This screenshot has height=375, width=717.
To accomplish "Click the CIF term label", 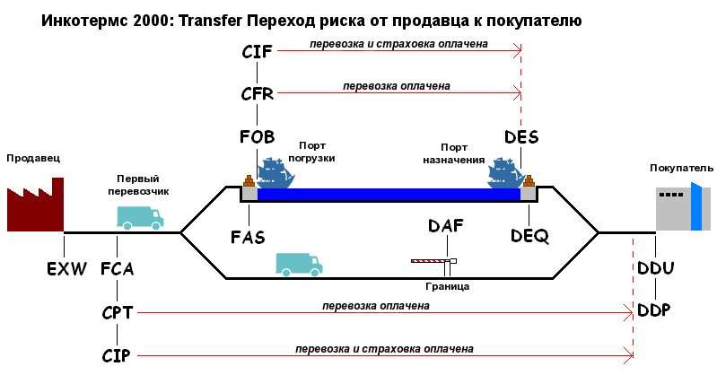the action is (257, 52).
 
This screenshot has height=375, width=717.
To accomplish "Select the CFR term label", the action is (257, 93).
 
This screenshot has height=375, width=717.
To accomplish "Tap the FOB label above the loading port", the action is (257, 136).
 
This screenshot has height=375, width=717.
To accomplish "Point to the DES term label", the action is (521, 136).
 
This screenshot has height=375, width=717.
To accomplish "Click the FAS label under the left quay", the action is (248, 238).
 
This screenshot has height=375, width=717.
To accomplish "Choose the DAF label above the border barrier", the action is (446, 225).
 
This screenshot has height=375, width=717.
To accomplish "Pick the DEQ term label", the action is (529, 236).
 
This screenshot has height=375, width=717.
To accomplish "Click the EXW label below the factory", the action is (66, 268).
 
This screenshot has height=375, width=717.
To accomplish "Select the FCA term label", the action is (118, 268).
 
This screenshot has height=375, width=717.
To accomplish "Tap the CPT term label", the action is (118, 313).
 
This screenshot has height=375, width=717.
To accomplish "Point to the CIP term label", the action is (116, 355).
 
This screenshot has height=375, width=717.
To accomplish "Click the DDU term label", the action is (656, 267).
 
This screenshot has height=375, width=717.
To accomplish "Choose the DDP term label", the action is (654, 310).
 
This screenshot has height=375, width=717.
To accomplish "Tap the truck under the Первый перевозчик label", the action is (140, 218).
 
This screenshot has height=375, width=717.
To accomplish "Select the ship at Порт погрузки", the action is (275, 173).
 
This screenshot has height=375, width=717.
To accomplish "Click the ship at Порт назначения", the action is (504, 173).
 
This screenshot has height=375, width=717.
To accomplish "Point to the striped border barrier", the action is (433, 261).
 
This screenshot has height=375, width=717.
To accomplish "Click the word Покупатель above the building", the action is (681, 168).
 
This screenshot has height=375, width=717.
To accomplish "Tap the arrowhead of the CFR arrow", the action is (518, 93).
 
